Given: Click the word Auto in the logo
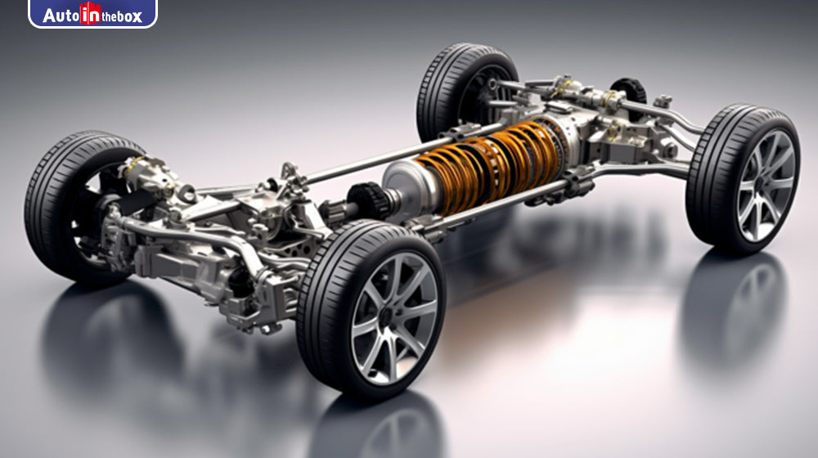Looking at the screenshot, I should pyautogui.click(x=61, y=15).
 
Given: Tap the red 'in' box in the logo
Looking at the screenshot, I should pyautogui.click(x=90, y=14).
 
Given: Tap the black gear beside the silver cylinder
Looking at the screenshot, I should pyautogui.click(x=368, y=201).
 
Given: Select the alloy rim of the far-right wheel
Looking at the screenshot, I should pyautogui.click(x=764, y=185).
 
